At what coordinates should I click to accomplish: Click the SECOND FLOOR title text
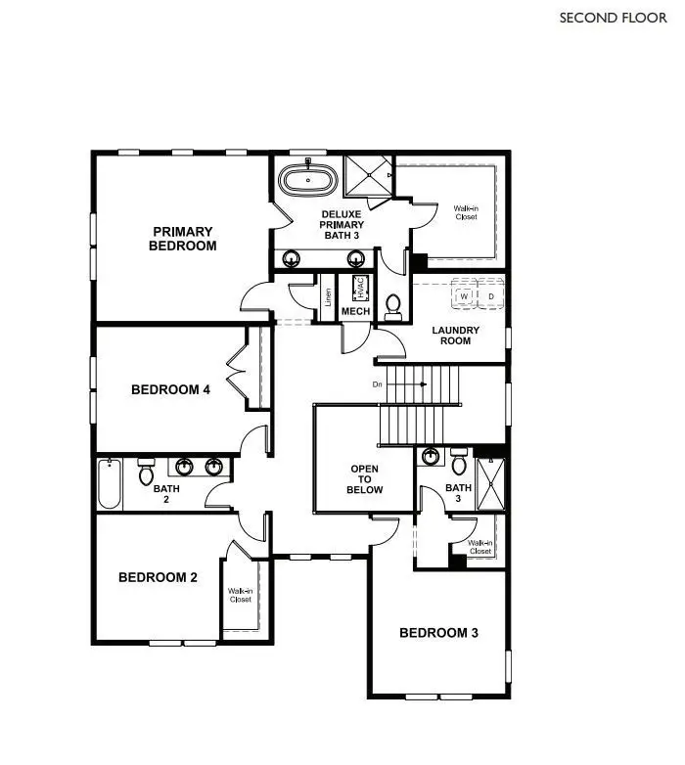(x=613, y=18)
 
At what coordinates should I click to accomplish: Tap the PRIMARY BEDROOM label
(x=182, y=239)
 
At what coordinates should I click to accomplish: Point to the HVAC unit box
(x=359, y=288)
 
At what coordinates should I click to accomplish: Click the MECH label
(x=353, y=311)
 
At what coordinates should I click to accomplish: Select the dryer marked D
(x=490, y=295)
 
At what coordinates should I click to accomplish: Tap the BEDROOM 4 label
(x=170, y=389)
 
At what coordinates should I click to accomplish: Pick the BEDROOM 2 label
(x=158, y=577)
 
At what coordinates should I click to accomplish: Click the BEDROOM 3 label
(x=438, y=633)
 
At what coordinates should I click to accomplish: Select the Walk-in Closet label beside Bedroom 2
(x=241, y=595)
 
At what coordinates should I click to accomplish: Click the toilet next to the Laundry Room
(x=393, y=307)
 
